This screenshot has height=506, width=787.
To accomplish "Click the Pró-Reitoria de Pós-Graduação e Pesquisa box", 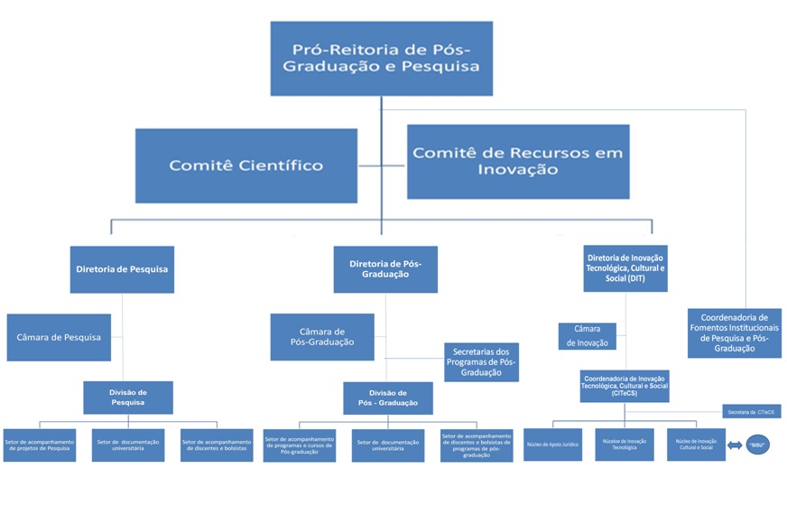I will click(381, 58).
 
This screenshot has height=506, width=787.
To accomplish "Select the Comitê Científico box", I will click(245, 165).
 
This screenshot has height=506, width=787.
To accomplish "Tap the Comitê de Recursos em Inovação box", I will click(517, 161).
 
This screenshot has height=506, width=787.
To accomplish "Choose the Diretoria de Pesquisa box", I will click(122, 269).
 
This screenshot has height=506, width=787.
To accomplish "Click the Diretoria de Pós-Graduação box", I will click(385, 269).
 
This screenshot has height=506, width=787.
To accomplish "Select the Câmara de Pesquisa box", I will click(59, 337).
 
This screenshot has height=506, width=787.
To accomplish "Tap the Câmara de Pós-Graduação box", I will click(322, 337).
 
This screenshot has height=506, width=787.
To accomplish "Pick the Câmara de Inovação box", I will click(587, 336).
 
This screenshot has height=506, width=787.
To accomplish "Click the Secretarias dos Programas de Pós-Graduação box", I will click(481, 362).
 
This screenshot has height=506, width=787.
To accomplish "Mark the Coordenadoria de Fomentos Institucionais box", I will click(734, 333).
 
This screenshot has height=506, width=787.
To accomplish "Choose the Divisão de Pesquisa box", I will click(128, 398).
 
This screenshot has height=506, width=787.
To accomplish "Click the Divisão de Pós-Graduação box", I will click(388, 398).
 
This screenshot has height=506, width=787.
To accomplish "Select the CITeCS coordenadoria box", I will click(625, 386).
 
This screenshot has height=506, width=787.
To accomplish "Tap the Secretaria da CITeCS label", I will click(751, 412).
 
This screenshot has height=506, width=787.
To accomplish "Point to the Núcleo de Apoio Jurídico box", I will click(552, 445).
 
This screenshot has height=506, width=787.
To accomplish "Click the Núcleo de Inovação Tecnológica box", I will click(625, 445).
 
